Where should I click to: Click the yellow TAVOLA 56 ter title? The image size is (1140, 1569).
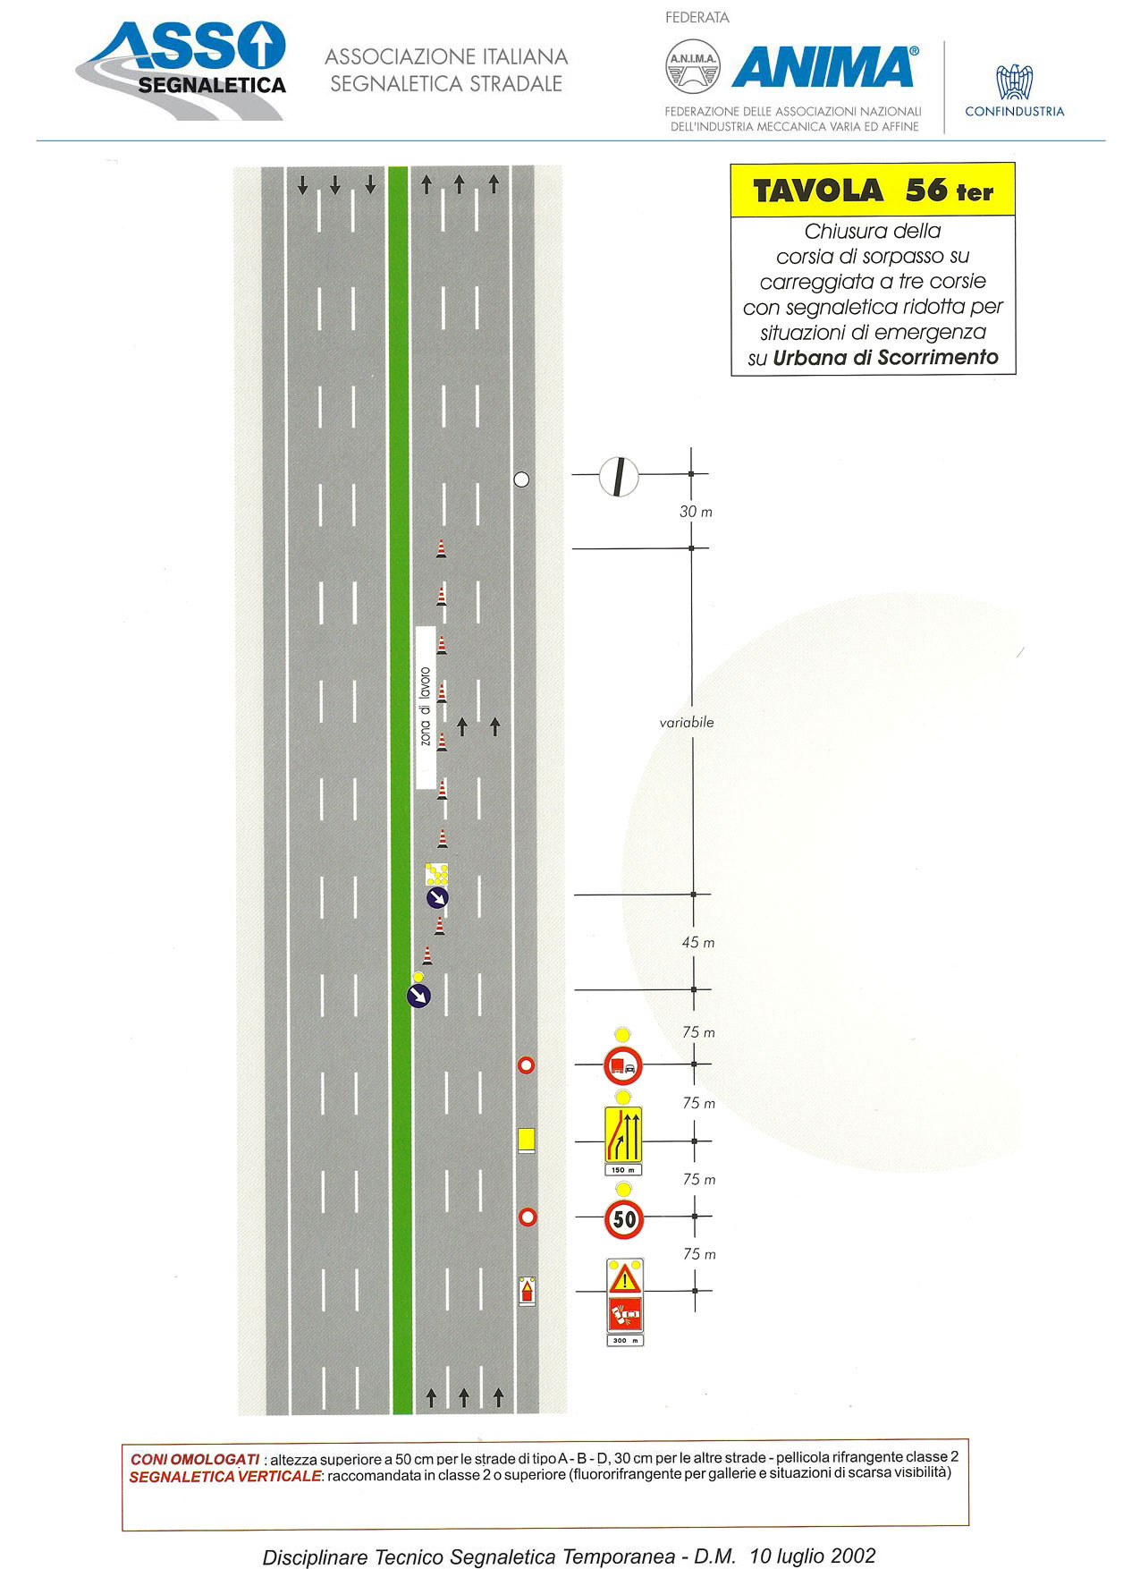pyautogui.click(x=873, y=191)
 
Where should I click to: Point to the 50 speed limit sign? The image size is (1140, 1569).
pyautogui.click(x=624, y=1218)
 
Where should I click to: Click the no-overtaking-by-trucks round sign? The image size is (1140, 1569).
pyautogui.click(x=623, y=1065)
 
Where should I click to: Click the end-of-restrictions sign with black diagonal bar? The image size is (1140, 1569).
pyautogui.click(x=618, y=476)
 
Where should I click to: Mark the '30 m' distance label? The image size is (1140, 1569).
pyautogui.click(x=696, y=512)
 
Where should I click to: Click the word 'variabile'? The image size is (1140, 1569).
pyautogui.click(x=687, y=723)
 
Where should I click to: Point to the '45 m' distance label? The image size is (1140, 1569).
pyautogui.click(x=697, y=943)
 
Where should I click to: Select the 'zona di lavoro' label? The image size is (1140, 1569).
pyautogui.click(x=426, y=707)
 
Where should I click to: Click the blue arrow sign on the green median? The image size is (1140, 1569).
pyautogui.click(x=418, y=995)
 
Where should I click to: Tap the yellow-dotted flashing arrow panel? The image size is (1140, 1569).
pyautogui.click(x=436, y=874)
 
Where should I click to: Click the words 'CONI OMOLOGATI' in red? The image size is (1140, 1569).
pyautogui.click(x=195, y=1459)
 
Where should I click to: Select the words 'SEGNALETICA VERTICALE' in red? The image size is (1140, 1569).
pyautogui.click(x=224, y=1477)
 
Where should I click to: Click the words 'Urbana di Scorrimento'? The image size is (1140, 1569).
pyautogui.click(x=885, y=358)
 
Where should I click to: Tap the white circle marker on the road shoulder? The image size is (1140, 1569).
pyautogui.click(x=521, y=479)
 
